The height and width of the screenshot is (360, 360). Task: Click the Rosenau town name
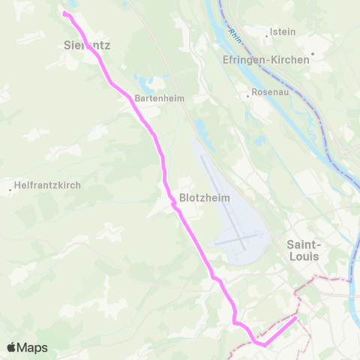(270, 95)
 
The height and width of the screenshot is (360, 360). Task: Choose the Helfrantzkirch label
(44, 183)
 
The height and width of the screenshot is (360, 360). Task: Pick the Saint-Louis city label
(304, 250)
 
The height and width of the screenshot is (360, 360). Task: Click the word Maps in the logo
(33, 347)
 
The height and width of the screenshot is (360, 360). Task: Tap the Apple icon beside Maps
(12, 346)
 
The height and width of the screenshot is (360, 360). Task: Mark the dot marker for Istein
(268, 32)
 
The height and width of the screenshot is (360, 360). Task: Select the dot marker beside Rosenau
(248, 96)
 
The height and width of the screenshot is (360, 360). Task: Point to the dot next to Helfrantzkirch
(10, 189)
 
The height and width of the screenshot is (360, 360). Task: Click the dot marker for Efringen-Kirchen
(312, 52)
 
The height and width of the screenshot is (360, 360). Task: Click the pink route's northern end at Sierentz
(64, 13)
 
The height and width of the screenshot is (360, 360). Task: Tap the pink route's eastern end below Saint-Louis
(295, 317)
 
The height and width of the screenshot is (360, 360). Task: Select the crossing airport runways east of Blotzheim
(240, 241)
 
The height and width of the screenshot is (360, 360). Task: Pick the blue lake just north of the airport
(201, 127)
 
